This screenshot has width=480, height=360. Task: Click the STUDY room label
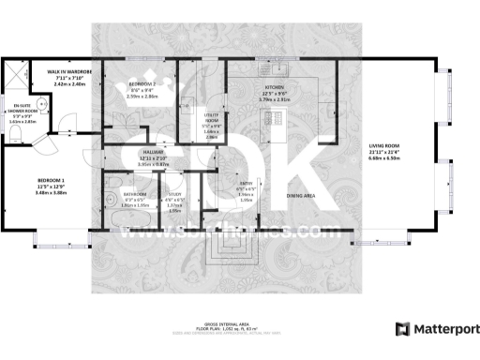tap(175, 196)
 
